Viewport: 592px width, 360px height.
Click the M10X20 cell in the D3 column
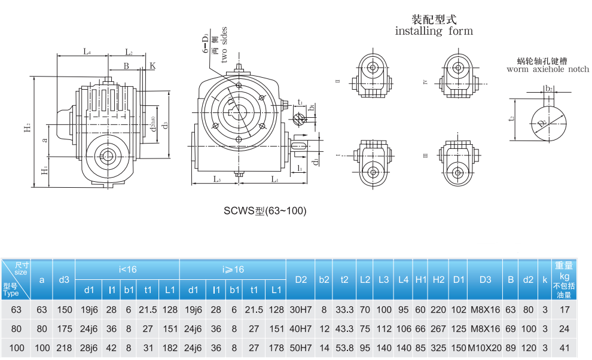[x=484, y=348]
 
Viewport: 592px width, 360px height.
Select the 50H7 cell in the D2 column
[x=300, y=348]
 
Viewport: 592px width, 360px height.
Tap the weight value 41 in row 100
[x=564, y=348]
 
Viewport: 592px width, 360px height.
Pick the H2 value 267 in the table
[x=438, y=328]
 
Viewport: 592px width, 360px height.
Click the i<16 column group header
[x=127, y=270]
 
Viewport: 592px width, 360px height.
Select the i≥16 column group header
[x=233, y=270]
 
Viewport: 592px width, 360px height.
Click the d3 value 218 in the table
[x=64, y=348]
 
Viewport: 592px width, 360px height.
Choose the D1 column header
[x=459, y=279]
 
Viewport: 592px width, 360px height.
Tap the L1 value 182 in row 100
[x=170, y=348]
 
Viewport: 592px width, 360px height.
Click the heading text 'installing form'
[x=434, y=31]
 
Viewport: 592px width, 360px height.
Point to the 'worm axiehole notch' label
[x=547, y=69]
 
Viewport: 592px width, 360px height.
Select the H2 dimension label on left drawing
[x=27, y=129]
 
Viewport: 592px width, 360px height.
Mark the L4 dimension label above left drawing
[x=87, y=52]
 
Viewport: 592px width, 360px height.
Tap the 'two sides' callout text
[x=224, y=45]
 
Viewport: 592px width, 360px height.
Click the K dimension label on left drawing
[x=152, y=65]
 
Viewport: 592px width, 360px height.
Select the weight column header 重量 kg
[x=564, y=279]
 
